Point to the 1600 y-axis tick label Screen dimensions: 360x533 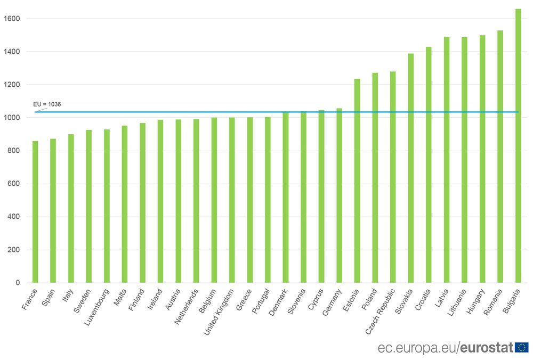pos(12,19)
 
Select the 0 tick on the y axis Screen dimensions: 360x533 pos(18,283)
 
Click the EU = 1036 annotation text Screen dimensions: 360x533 pos(47,104)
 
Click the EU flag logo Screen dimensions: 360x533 pos(522,348)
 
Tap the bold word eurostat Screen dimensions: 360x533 pos(487,348)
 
